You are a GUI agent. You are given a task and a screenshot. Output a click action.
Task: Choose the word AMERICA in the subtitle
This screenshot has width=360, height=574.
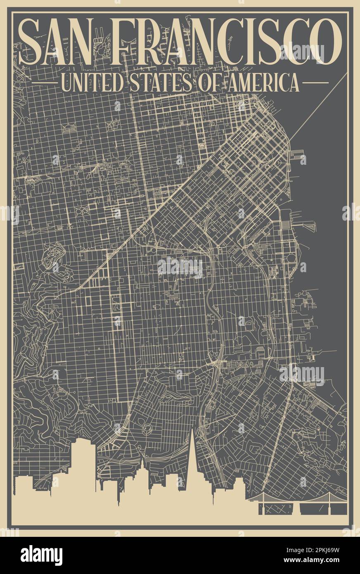click(x=257, y=83)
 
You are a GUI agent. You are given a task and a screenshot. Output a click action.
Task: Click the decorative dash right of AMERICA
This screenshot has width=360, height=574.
click(x=315, y=83)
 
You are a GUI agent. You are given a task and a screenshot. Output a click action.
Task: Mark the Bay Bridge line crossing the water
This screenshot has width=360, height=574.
click(x=318, y=107)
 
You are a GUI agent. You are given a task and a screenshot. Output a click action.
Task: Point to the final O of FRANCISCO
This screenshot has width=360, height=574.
click(x=326, y=41)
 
